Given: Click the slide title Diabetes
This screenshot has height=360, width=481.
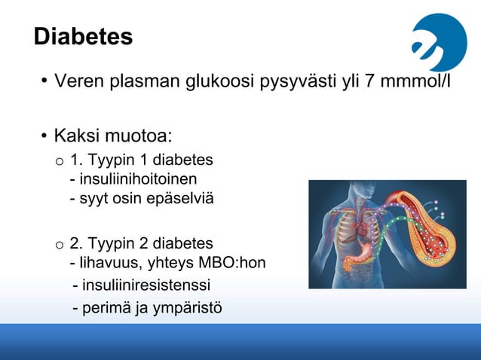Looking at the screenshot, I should coord(83,37).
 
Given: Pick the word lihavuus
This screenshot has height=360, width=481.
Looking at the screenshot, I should coord(104,263).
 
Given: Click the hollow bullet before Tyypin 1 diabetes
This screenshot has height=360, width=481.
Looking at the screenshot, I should coord(59,161).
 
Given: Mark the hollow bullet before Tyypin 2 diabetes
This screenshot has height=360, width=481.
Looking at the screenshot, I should coord(59,245).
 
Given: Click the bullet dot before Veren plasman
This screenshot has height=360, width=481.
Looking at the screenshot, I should coord(44,81).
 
